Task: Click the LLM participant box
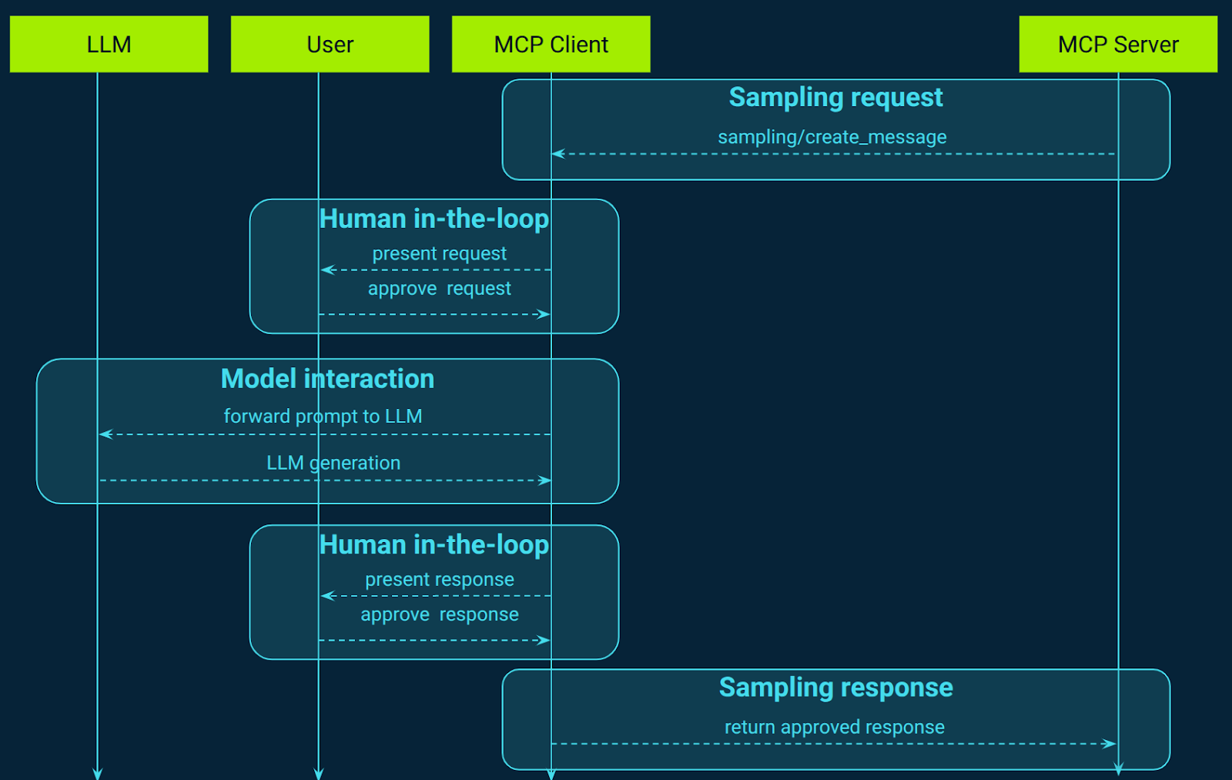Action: [x=109, y=45]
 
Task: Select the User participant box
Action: [x=330, y=45]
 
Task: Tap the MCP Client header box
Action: [x=551, y=45]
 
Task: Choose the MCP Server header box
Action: [x=1118, y=45]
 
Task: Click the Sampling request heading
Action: [x=835, y=98]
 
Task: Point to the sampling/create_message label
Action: [x=832, y=137]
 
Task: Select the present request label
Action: [x=439, y=253]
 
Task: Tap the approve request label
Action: [x=439, y=289]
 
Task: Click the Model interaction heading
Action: [x=327, y=379]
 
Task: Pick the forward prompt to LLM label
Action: [x=323, y=417]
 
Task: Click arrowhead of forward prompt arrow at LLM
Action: [x=105, y=434]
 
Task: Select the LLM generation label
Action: [x=333, y=463]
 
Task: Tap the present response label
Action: [x=439, y=580]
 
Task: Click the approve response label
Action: [x=439, y=614]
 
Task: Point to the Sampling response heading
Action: [x=835, y=688]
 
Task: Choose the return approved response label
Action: [x=834, y=727]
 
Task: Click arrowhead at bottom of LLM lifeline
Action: [x=97, y=773]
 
